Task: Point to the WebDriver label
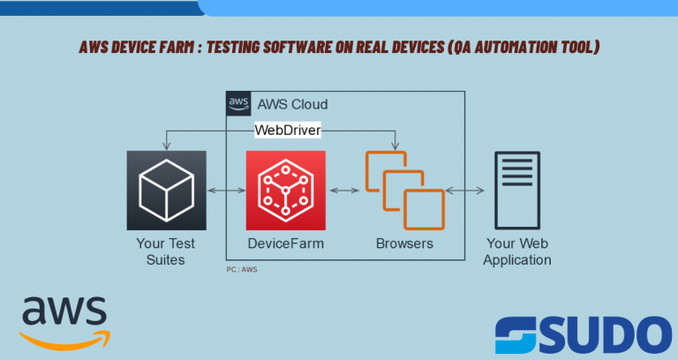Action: [x=287, y=131]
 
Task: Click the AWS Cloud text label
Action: [x=292, y=104]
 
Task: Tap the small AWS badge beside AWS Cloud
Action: [x=238, y=103]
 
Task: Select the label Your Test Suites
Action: [x=166, y=251]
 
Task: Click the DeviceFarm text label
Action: [x=285, y=244]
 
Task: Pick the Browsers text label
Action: [x=404, y=244]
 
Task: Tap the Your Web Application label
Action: [x=518, y=251]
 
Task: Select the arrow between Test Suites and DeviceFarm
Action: [x=226, y=191]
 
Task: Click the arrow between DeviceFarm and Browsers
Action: [x=345, y=191]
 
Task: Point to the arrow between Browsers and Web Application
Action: [x=464, y=191]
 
